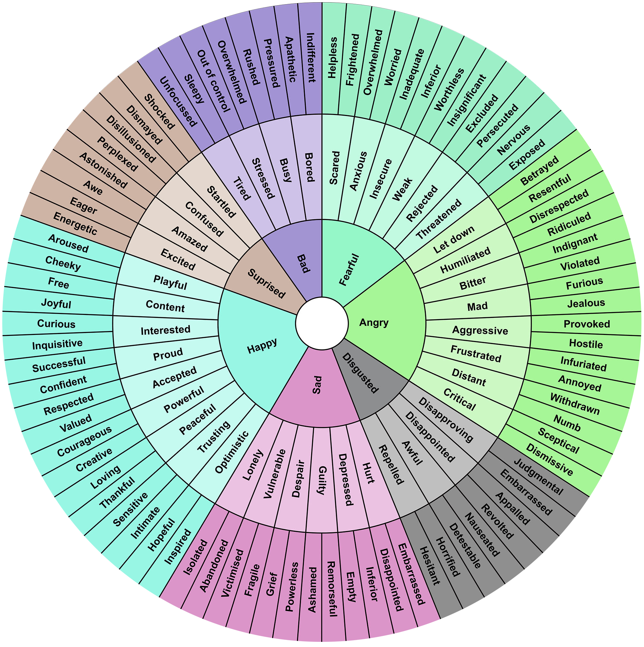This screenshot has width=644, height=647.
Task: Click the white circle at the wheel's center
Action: pyautogui.click(x=322, y=323)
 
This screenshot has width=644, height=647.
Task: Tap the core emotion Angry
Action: pyautogui.click(x=374, y=322)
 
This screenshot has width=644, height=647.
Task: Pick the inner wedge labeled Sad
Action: pyautogui.click(x=317, y=385)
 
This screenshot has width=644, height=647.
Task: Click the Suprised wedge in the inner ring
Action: pyautogui.click(x=266, y=283)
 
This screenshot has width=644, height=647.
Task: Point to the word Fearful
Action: pyautogui.click(x=349, y=270)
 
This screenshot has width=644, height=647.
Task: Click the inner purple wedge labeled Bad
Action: pyautogui.click(x=303, y=263)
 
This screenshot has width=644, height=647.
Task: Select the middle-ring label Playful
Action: pyautogui.click(x=170, y=282)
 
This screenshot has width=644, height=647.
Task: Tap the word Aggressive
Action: pyautogui.click(x=480, y=330)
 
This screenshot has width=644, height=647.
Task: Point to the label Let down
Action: pyautogui.click(x=453, y=239)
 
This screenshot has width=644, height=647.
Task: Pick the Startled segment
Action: pyautogui.click(x=221, y=202)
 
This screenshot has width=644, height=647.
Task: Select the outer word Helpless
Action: pyautogui.click(x=332, y=58)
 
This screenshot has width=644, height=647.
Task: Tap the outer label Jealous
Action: pyautogui.click(x=586, y=303)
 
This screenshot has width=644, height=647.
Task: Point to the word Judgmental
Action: pyautogui.click(x=538, y=477)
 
